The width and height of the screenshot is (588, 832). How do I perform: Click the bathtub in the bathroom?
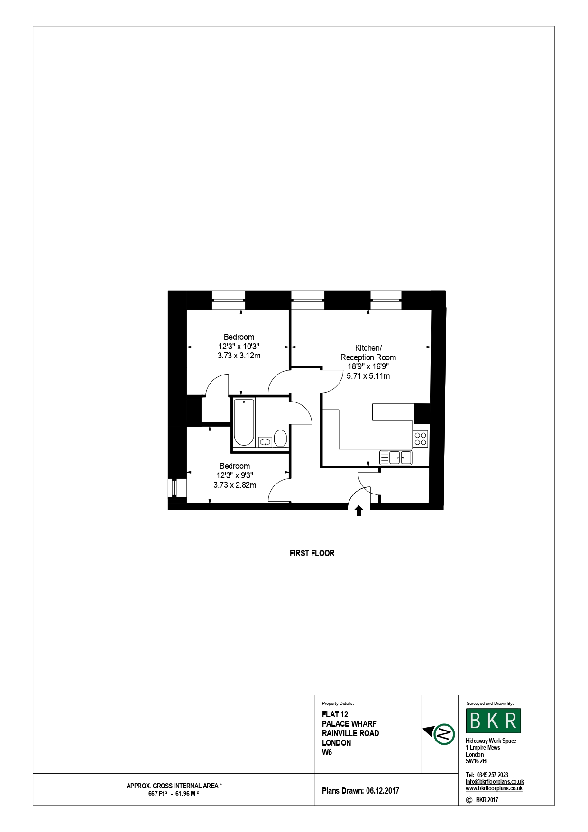(x=244, y=422)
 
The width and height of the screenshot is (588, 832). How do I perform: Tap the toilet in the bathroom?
(x=280, y=438)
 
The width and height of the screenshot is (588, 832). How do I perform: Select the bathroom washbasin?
(x=265, y=442)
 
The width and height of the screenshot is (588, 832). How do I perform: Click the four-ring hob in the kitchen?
(x=420, y=439)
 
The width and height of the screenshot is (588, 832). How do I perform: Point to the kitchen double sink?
(x=396, y=457)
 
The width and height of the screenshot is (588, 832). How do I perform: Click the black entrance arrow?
(x=359, y=511)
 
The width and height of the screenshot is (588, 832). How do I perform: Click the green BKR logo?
(x=494, y=721)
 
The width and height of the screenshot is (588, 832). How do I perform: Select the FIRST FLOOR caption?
(x=312, y=553)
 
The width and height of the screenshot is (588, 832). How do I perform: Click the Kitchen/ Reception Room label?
(x=368, y=353)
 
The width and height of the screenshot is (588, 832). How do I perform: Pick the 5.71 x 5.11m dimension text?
(x=368, y=376)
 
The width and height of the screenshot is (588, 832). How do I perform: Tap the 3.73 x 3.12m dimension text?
(x=239, y=356)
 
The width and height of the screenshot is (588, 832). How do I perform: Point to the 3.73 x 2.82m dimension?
(x=235, y=485)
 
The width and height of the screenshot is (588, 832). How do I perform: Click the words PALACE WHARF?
(x=349, y=724)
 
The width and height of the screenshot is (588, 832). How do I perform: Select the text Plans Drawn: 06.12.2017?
(x=360, y=791)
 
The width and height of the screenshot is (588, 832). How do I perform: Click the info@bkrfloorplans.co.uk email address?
(x=495, y=782)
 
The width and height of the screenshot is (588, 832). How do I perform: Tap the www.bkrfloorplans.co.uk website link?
(x=494, y=788)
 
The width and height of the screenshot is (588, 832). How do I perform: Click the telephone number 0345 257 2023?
(x=493, y=775)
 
